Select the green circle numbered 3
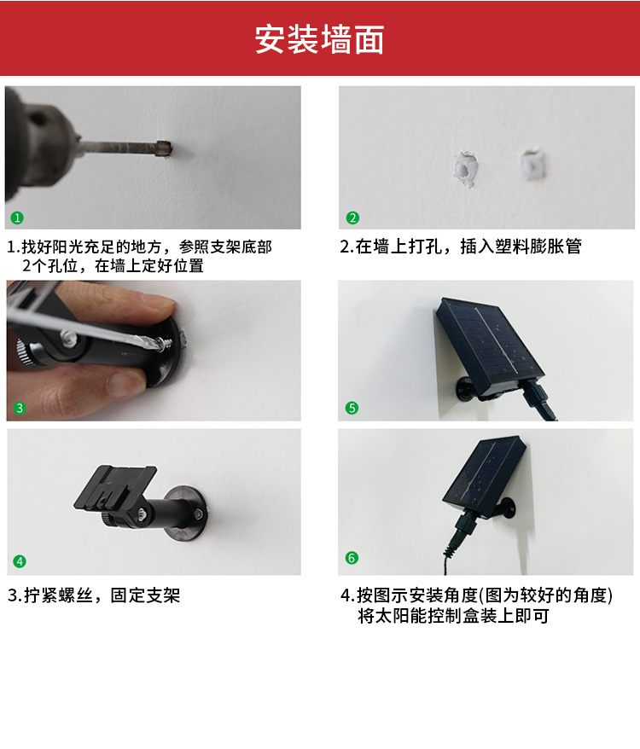(20, 408)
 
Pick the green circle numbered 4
(20, 561)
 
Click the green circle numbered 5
(352, 408)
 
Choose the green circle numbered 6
(352, 558)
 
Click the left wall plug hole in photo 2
(465, 168)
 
